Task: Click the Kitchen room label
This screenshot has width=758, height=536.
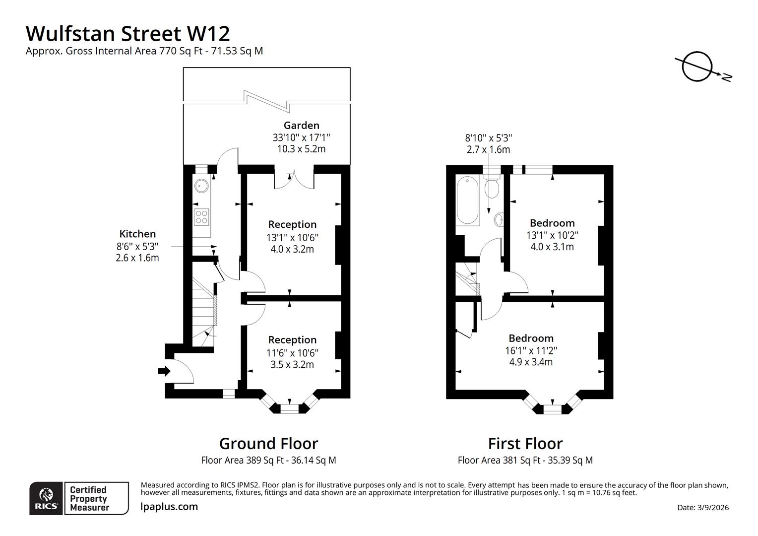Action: tap(137, 234)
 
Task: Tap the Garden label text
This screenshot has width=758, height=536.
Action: tap(301, 126)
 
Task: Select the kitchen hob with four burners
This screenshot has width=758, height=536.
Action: tap(201, 217)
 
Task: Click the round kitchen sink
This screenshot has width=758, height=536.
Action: tap(201, 186)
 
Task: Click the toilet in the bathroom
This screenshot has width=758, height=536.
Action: tap(492, 186)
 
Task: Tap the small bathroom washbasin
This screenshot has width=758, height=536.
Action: tap(499, 220)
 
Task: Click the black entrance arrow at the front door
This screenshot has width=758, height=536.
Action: tap(164, 371)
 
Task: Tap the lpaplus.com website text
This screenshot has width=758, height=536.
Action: tap(169, 507)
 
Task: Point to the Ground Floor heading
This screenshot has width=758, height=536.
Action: tap(269, 444)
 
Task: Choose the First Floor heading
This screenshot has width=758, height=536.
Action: tap(525, 444)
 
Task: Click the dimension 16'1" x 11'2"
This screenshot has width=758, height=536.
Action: tap(531, 350)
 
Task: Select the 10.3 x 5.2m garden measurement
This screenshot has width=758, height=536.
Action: tap(301, 149)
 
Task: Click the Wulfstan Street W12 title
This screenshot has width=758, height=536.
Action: tap(127, 34)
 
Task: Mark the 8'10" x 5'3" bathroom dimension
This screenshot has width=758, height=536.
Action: tap(488, 138)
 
